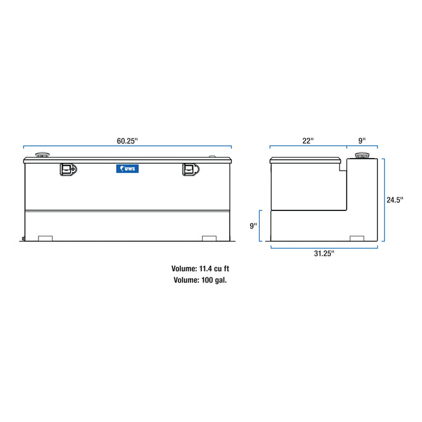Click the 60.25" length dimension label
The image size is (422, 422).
(127, 140)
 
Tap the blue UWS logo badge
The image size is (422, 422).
(127, 169)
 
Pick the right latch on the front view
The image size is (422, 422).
(191, 170)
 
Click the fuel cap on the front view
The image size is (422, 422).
(43, 156)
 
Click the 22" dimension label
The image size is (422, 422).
(308, 140)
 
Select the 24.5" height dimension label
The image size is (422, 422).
(395, 198)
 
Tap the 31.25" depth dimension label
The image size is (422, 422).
(324, 253)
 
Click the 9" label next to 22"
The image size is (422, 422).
(362, 140)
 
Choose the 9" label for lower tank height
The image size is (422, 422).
(254, 225)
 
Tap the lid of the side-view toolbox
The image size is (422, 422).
(306, 160)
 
